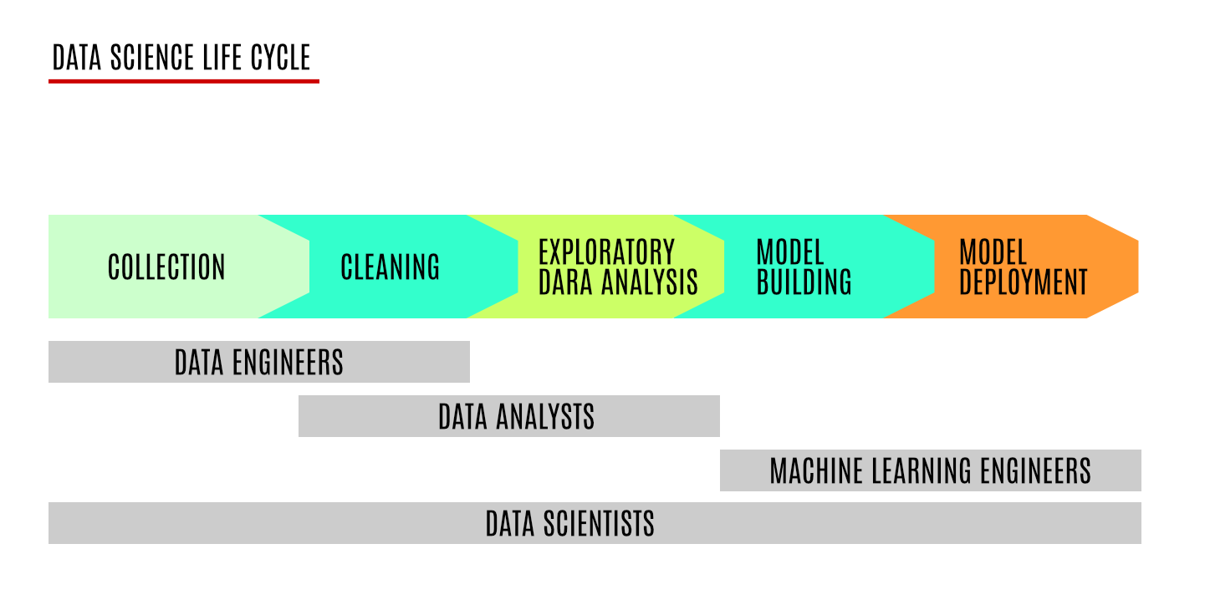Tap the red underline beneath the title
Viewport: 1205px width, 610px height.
click(x=184, y=81)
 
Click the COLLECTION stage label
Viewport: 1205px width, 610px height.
click(x=166, y=267)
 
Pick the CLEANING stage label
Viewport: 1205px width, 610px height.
click(x=390, y=267)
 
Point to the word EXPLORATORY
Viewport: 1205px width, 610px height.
click(x=607, y=252)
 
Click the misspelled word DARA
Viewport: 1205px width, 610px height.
click(x=566, y=282)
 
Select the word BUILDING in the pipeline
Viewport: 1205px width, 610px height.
click(x=804, y=282)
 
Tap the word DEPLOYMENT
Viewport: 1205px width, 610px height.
click(x=1024, y=282)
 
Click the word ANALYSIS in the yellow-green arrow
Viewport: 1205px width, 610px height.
click(x=649, y=282)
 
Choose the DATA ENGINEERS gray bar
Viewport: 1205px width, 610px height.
click(x=258, y=362)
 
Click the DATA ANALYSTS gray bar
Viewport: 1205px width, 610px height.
click(x=509, y=416)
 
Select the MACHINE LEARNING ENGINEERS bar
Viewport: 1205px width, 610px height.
click(x=931, y=470)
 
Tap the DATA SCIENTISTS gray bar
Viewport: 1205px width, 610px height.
click(x=595, y=523)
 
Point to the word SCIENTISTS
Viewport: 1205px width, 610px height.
click(x=599, y=523)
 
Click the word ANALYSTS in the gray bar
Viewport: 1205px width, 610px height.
click(x=545, y=416)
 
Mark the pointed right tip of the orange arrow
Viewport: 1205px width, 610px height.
click(x=1138, y=267)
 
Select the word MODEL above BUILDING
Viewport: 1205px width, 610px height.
click(x=790, y=252)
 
